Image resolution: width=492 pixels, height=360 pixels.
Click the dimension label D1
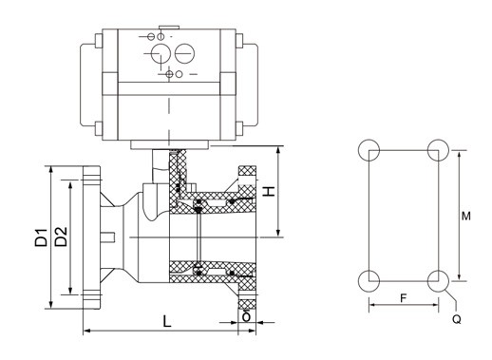pyautogui.click(x=42, y=237)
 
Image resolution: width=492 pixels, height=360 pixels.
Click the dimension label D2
pyautogui.click(x=61, y=237)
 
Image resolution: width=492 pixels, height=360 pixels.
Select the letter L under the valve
pyautogui.click(x=167, y=321)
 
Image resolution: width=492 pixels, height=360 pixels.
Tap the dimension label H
pyautogui.click(x=269, y=191)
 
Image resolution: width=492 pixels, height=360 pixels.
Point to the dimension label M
pyautogui.click(x=465, y=217)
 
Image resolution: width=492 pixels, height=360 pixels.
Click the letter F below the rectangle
pyautogui.click(x=403, y=298)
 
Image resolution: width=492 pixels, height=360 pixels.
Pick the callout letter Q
pyautogui.click(x=457, y=319)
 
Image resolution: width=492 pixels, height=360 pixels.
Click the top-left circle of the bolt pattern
pyautogui.click(x=369, y=150)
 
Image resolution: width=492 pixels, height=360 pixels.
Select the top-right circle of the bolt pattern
pyautogui.click(x=438, y=150)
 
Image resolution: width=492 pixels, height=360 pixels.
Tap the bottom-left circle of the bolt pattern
pyautogui.click(x=369, y=280)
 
